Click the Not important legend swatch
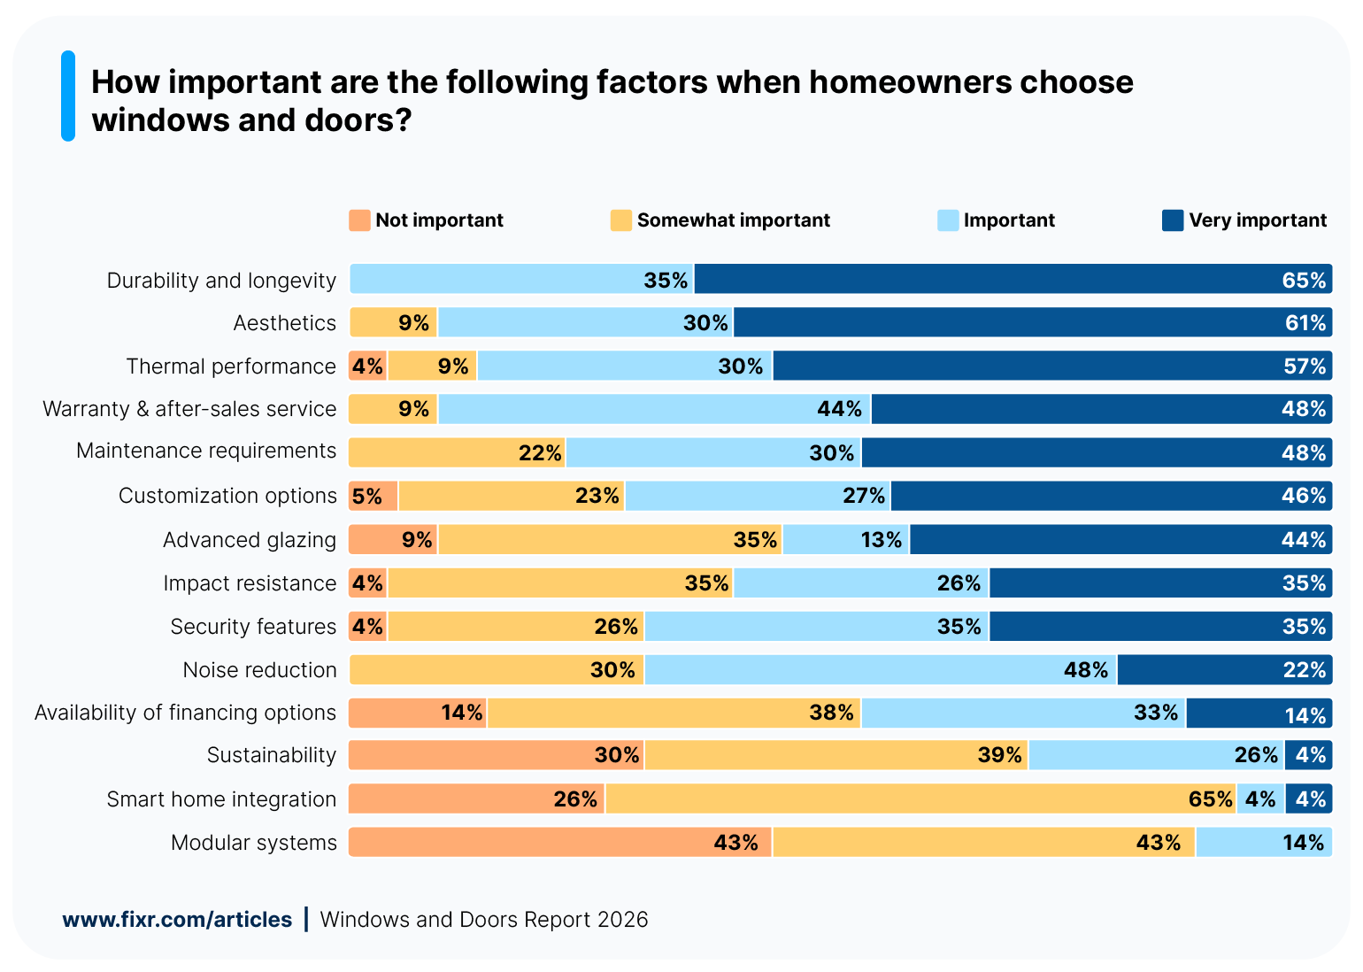(x=359, y=220)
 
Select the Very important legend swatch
(x=1172, y=220)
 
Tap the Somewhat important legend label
(x=733, y=220)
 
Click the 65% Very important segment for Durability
(x=1013, y=279)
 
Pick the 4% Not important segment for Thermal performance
(x=367, y=366)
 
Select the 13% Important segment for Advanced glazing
(x=846, y=539)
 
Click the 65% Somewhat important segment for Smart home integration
(x=920, y=799)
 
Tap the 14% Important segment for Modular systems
(x=1263, y=842)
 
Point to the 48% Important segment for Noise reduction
(x=881, y=670)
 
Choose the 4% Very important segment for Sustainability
(x=1308, y=755)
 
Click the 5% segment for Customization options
(x=373, y=496)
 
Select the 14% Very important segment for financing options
(x=1259, y=714)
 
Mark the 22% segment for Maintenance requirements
(x=457, y=452)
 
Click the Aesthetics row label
(x=284, y=323)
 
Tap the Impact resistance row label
(x=250, y=583)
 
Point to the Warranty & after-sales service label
(x=189, y=409)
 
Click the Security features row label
(x=253, y=627)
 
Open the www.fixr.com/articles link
(x=177, y=920)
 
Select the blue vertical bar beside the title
(x=68, y=96)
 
